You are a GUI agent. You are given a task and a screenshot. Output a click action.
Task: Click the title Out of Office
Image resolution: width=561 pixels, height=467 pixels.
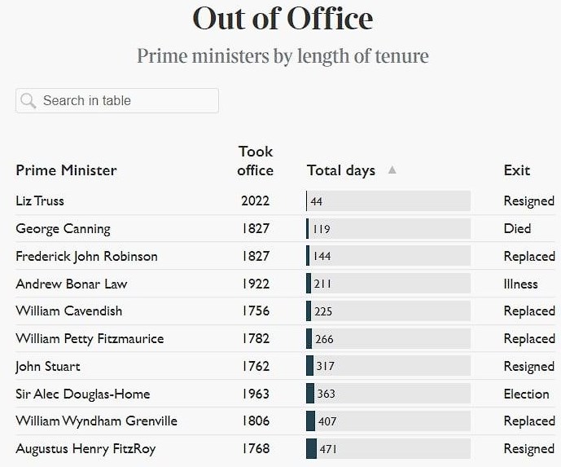(x=283, y=19)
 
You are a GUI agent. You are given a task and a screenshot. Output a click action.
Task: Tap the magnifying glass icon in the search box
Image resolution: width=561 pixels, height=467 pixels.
(x=28, y=100)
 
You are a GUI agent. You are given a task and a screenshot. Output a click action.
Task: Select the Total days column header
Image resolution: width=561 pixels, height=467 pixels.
(x=341, y=170)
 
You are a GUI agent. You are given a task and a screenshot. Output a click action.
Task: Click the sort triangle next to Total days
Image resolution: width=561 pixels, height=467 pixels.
(x=392, y=170)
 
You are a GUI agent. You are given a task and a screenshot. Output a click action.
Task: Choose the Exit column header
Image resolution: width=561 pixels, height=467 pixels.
(x=516, y=170)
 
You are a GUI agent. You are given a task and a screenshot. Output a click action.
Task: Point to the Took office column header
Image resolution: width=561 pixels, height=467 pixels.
(x=256, y=161)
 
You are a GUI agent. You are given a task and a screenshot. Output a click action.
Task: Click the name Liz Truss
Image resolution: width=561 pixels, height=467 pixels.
(x=40, y=200)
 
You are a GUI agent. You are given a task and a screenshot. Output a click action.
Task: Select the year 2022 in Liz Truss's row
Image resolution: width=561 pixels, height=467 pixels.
(x=256, y=200)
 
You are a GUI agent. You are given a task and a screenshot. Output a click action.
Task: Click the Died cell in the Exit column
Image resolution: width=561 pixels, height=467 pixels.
(x=517, y=228)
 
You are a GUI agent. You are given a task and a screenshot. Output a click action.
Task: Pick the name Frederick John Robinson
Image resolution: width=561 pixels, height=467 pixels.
(x=86, y=256)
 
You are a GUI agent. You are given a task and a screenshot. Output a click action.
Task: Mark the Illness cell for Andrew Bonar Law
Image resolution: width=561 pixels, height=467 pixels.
(x=520, y=284)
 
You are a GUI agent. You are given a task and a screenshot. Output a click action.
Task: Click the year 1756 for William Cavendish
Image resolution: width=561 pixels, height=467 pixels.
(x=256, y=311)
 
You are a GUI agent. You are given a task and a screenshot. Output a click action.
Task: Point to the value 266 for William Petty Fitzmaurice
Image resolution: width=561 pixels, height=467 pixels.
(x=324, y=339)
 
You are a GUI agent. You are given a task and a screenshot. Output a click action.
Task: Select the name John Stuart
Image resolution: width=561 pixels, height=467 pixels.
(x=48, y=366)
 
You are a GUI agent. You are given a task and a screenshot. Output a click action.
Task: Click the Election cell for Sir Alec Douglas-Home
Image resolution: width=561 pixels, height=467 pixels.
(x=526, y=394)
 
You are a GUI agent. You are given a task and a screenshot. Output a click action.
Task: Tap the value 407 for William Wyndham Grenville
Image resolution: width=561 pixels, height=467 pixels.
(x=327, y=421)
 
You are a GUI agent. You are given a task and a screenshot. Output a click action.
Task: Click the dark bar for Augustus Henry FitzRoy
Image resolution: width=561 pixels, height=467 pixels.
(x=311, y=448)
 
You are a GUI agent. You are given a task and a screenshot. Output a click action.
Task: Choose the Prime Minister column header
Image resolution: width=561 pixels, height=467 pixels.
(x=66, y=170)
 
